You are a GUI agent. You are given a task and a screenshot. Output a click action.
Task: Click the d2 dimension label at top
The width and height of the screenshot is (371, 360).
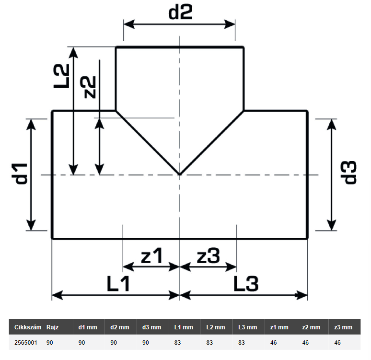[180, 12]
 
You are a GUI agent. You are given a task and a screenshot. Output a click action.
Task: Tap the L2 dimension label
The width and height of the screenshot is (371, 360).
[61, 76]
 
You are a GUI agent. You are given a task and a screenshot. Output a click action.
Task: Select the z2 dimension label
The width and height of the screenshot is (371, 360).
[88, 87]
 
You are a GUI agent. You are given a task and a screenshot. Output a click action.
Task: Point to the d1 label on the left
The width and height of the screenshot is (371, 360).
[21, 174]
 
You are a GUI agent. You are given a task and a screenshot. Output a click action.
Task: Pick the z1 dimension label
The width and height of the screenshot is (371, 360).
[151, 255]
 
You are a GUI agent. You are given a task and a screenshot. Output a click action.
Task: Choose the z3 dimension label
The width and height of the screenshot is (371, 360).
[208, 255]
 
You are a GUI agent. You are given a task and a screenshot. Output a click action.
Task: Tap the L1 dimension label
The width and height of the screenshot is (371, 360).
[118, 283]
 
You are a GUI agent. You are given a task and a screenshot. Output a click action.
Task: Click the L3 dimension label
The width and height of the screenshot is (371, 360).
[246, 283]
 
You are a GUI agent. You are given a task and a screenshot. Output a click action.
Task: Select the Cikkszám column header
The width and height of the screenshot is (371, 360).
[27, 327]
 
